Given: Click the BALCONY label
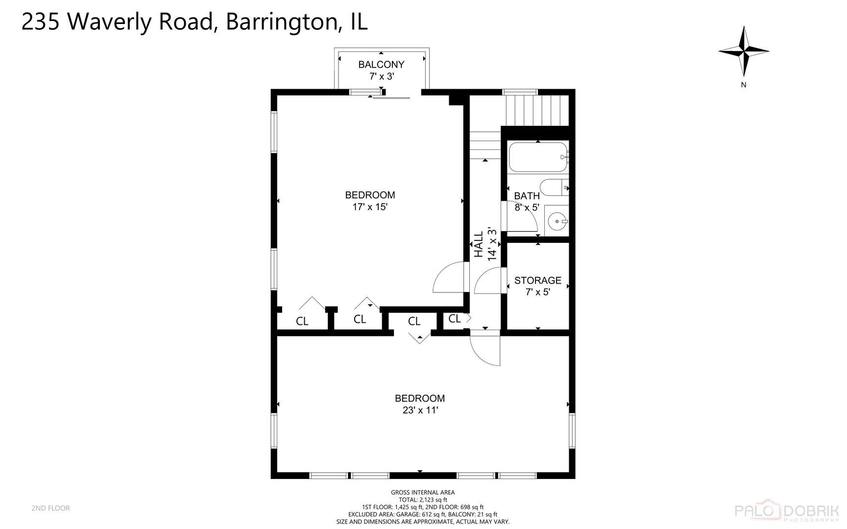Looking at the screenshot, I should click(x=381, y=65).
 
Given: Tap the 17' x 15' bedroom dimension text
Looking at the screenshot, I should click(x=370, y=207).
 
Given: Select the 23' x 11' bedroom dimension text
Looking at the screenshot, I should click(x=420, y=410).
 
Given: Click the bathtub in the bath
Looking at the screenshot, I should click(x=537, y=157).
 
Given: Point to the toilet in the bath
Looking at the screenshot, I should click(x=553, y=188).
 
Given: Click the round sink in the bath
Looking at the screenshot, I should click(x=557, y=222).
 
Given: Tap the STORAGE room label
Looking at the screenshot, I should click(x=537, y=281).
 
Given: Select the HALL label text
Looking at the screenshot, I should click(x=479, y=244).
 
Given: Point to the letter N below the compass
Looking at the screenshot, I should click(x=744, y=85).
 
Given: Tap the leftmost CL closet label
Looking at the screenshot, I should click(x=302, y=322).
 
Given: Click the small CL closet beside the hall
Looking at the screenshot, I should click(x=454, y=319).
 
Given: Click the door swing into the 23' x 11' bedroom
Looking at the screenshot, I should click(x=485, y=349).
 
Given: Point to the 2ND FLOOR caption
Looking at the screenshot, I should click(x=50, y=508).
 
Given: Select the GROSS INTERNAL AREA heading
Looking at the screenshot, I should click(x=422, y=492).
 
